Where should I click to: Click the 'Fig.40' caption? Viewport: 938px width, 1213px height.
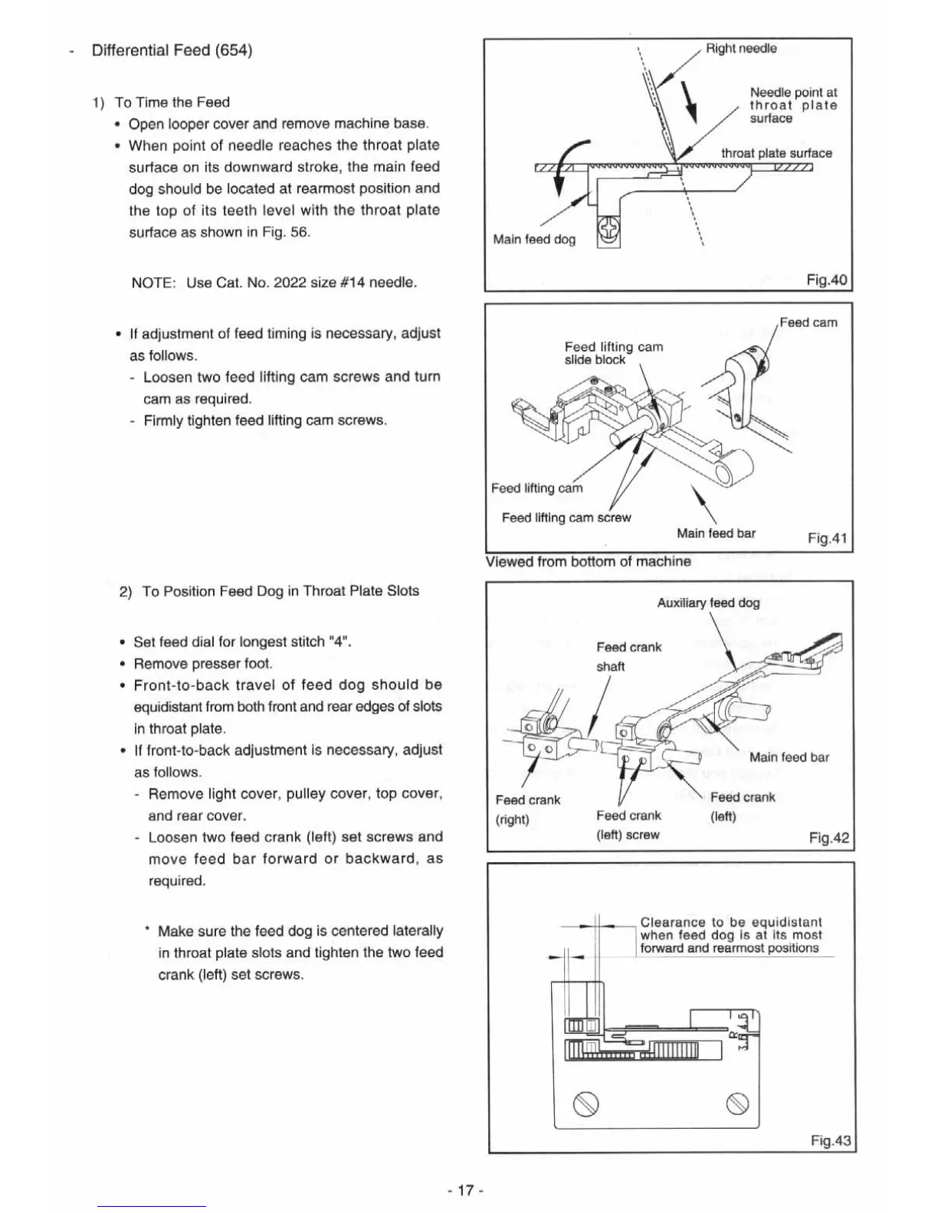[827, 280]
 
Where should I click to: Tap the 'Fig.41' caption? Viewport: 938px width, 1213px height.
[827, 538]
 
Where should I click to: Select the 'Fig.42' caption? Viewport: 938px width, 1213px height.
[828, 838]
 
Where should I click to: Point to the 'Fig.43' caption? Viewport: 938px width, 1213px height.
[830, 1141]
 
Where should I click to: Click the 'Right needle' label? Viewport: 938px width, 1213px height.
[740, 49]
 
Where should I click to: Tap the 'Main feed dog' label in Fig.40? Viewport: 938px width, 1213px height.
[534, 240]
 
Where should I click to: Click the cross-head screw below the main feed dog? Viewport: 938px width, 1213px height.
[608, 228]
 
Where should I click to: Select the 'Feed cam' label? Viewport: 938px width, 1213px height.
[808, 322]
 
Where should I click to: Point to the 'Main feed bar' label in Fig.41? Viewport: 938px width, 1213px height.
[716, 533]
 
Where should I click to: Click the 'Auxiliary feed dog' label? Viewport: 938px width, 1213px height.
[708, 603]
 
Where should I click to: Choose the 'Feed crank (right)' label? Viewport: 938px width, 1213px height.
[527, 809]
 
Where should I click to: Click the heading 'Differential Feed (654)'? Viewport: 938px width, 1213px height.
[172, 51]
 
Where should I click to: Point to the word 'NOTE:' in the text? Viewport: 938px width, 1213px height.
[154, 283]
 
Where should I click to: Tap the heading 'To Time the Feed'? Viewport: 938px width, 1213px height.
[172, 103]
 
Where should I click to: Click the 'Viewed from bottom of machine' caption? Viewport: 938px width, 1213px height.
[588, 561]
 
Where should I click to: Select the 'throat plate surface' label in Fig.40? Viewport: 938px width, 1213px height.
[776, 153]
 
